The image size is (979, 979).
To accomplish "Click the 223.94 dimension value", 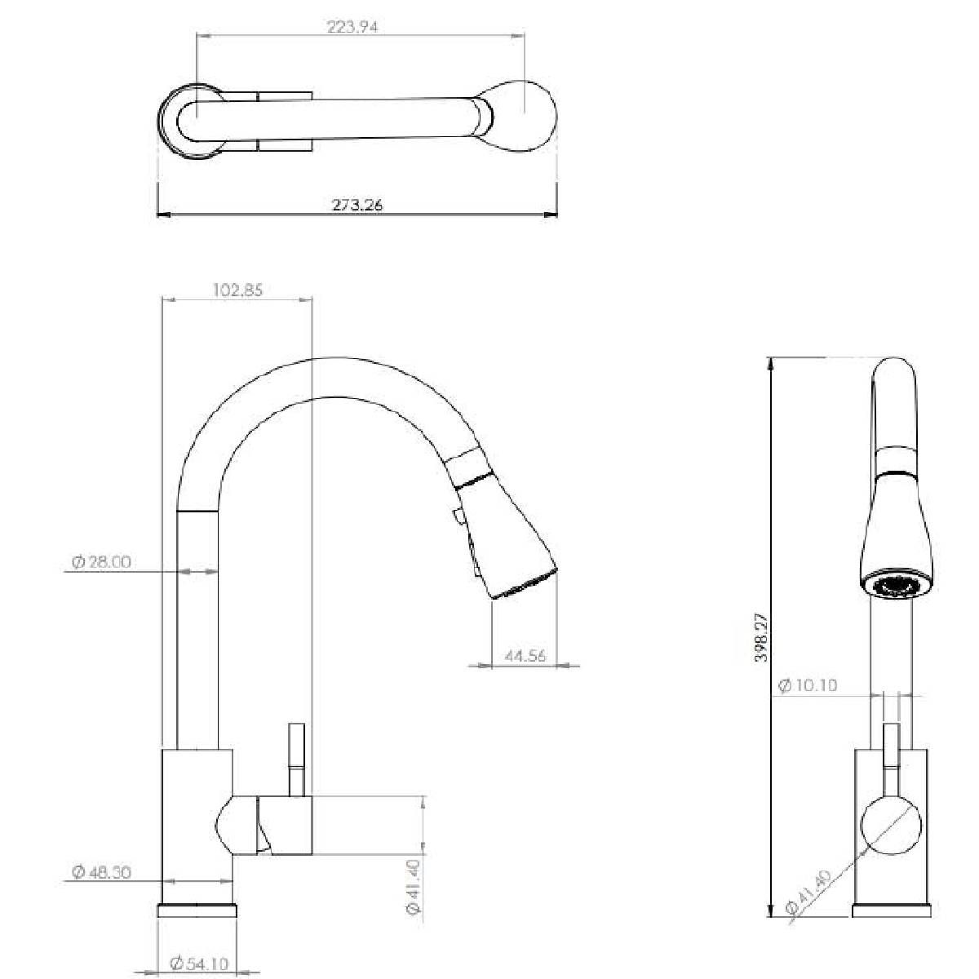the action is [352, 26].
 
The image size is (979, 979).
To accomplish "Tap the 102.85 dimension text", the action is [237, 290].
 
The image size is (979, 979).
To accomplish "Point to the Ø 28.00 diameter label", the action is [102, 562].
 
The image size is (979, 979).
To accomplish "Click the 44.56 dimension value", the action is [525, 656].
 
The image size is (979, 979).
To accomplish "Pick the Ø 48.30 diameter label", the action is [102, 872].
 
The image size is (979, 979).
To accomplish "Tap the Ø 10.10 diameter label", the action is [808, 685].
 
